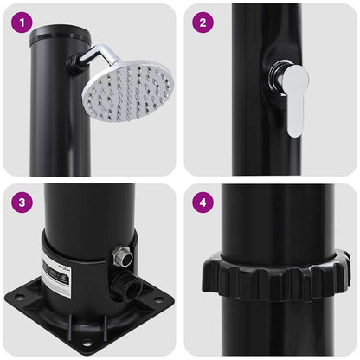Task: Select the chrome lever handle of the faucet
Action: pyautogui.click(x=295, y=104)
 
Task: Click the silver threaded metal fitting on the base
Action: pyautogui.click(x=120, y=254)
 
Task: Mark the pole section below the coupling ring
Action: pyautogui.click(x=269, y=329)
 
